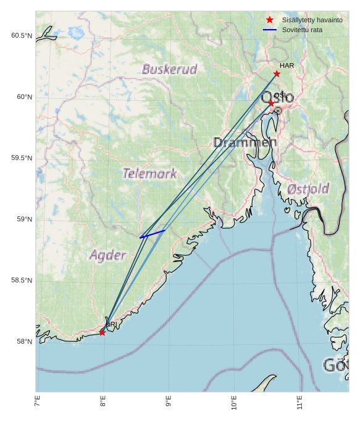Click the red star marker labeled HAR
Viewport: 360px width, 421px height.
[x=277, y=74]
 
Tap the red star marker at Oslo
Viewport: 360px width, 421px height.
[x=271, y=103]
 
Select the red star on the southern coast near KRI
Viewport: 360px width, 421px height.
[x=102, y=333]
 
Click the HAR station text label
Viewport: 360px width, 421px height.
[x=287, y=66]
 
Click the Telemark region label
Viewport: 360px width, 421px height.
[x=149, y=174]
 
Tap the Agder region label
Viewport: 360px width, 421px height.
[x=107, y=255]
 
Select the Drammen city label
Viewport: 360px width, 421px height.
[x=245, y=143]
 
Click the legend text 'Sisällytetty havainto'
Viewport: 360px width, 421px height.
[x=312, y=20]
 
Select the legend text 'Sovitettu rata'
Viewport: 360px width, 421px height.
[x=302, y=30]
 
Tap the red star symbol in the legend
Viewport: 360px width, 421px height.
[x=269, y=20]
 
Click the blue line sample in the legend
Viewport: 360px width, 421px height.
[x=269, y=30]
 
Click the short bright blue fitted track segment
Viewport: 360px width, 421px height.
[x=153, y=234]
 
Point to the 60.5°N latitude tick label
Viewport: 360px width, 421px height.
[x=21, y=36]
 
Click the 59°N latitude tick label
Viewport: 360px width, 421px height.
[x=23, y=219]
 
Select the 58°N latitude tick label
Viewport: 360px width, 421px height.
[x=23, y=342]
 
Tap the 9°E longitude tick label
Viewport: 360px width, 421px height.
[x=168, y=403]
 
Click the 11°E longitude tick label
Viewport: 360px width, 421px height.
[x=299, y=403]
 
